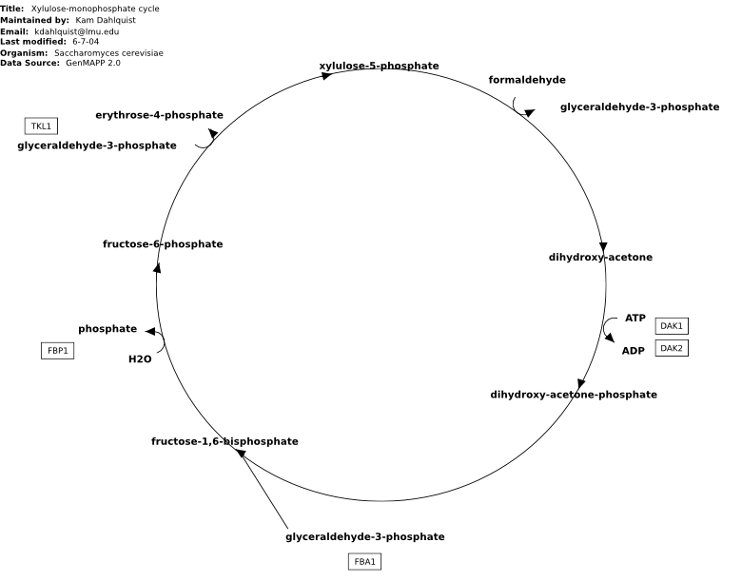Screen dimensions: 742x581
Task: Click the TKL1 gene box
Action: (41, 126)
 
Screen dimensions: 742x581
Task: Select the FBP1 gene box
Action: (58, 351)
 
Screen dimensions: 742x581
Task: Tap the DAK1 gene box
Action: (672, 326)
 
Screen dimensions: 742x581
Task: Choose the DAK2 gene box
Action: (672, 348)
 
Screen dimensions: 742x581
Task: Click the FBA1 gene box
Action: (365, 562)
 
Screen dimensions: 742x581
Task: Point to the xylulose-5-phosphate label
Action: (379, 66)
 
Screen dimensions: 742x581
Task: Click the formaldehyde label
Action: (527, 80)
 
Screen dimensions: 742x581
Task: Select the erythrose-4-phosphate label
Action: (159, 115)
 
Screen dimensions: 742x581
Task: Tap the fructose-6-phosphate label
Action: (163, 244)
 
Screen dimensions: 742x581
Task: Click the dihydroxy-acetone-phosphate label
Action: (574, 395)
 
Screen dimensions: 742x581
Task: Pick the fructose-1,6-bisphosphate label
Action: (225, 441)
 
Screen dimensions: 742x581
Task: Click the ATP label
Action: (635, 318)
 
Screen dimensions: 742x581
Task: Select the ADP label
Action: (634, 351)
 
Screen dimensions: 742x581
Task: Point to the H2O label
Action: (140, 359)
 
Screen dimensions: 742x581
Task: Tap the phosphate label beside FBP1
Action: (107, 329)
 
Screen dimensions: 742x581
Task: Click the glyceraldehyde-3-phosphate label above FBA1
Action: (365, 536)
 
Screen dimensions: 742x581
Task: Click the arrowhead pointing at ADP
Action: (610, 338)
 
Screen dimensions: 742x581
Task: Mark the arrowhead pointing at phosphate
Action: (150, 331)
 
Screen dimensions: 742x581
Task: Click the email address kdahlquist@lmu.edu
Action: (77, 31)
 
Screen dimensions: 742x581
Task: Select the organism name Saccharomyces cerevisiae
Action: (108, 53)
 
